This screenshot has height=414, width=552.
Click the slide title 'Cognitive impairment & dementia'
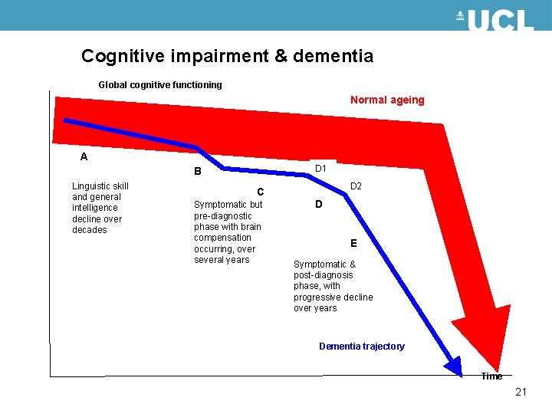point(227,56)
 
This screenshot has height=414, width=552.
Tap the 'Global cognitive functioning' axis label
point(160,85)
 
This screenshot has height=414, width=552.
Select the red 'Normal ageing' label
point(387,100)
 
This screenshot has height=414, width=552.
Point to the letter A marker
point(84,156)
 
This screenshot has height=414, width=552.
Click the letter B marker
point(197,172)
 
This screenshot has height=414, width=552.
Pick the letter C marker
point(261,192)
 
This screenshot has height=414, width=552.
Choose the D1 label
point(321,169)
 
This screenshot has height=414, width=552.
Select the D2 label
point(356,186)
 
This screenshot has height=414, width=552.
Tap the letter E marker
point(353,244)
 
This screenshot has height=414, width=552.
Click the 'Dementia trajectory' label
point(361,347)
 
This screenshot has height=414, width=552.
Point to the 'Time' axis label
point(491,376)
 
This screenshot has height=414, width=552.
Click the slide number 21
point(521,393)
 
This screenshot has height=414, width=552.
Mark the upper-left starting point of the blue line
point(66,120)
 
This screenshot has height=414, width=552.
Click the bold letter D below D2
point(319,205)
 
